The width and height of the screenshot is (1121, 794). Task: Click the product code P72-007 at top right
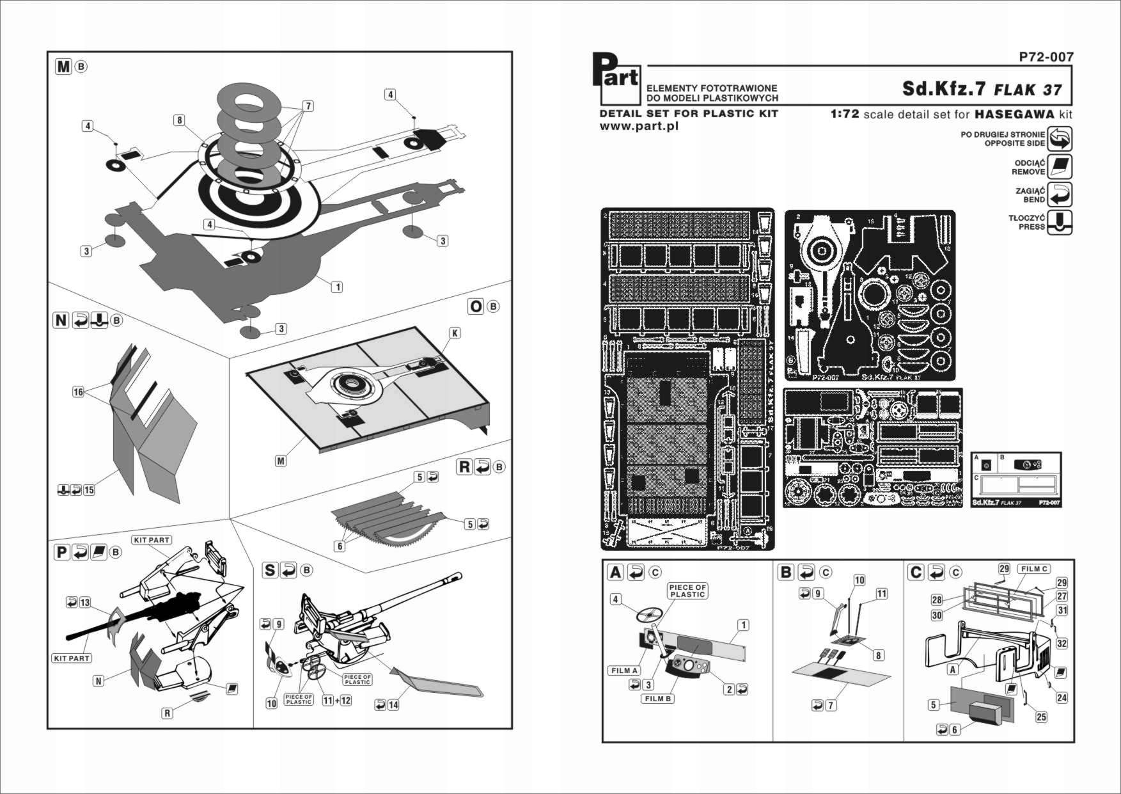pyautogui.click(x=1046, y=57)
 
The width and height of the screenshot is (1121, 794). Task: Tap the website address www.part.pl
pyautogui.click(x=639, y=126)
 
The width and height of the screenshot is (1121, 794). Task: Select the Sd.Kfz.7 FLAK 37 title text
pyautogui.click(x=982, y=89)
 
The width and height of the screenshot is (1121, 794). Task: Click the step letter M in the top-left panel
pyautogui.click(x=63, y=67)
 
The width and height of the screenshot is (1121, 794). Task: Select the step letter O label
pyautogui.click(x=476, y=307)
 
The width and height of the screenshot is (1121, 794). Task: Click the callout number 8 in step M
pyautogui.click(x=180, y=120)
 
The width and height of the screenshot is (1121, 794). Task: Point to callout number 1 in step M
pyautogui.click(x=337, y=287)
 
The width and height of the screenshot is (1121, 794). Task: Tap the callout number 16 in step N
pyautogui.click(x=78, y=392)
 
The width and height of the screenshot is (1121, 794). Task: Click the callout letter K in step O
pyautogui.click(x=455, y=333)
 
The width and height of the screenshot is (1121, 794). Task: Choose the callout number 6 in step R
pyautogui.click(x=340, y=546)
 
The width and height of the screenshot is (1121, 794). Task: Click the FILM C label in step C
pyautogui.click(x=1034, y=569)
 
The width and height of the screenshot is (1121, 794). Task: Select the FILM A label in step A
pyautogui.click(x=624, y=671)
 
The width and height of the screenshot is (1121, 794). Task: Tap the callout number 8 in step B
pyautogui.click(x=878, y=655)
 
